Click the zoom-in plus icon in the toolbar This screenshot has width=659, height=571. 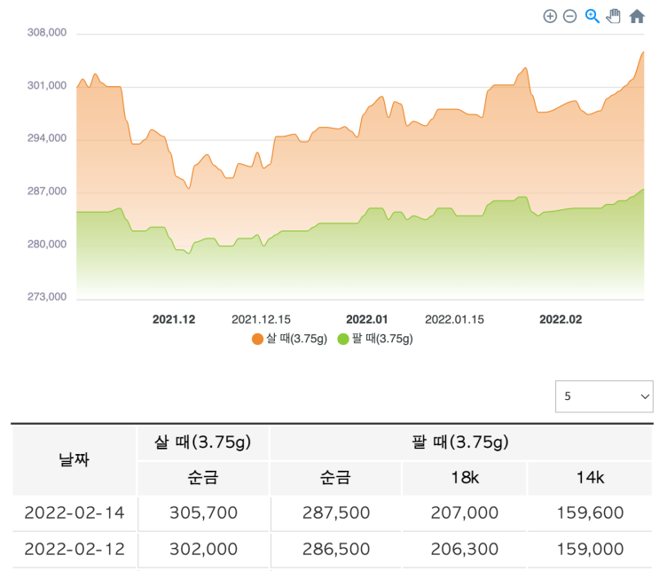pyautogui.click(x=550, y=16)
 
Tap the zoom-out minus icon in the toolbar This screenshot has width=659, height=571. pyautogui.click(x=570, y=16)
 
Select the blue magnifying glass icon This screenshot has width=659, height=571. pyautogui.click(x=592, y=16)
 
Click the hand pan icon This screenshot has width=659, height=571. pyautogui.click(x=614, y=16)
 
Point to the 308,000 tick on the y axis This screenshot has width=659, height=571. pyautogui.click(x=48, y=33)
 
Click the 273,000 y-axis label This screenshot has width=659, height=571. pyautogui.click(x=48, y=297)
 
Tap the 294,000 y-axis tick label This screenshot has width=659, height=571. pyautogui.click(x=48, y=138)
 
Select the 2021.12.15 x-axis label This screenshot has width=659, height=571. pyautogui.click(x=261, y=319)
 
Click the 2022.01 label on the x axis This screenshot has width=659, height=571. pyautogui.click(x=367, y=319)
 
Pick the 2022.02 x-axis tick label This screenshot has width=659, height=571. pyautogui.click(x=561, y=319)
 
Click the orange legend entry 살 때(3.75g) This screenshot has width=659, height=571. pyautogui.click(x=290, y=339)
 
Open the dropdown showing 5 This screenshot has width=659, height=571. pyautogui.click(x=604, y=396)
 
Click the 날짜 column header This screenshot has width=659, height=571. pyautogui.click(x=74, y=459)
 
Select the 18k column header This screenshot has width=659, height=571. pyautogui.click(x=463, y=478)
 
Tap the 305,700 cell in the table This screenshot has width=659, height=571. pyautogui.click(x=202, y=513)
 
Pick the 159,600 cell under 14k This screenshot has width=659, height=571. pyautogui.click(x=590, y=513)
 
